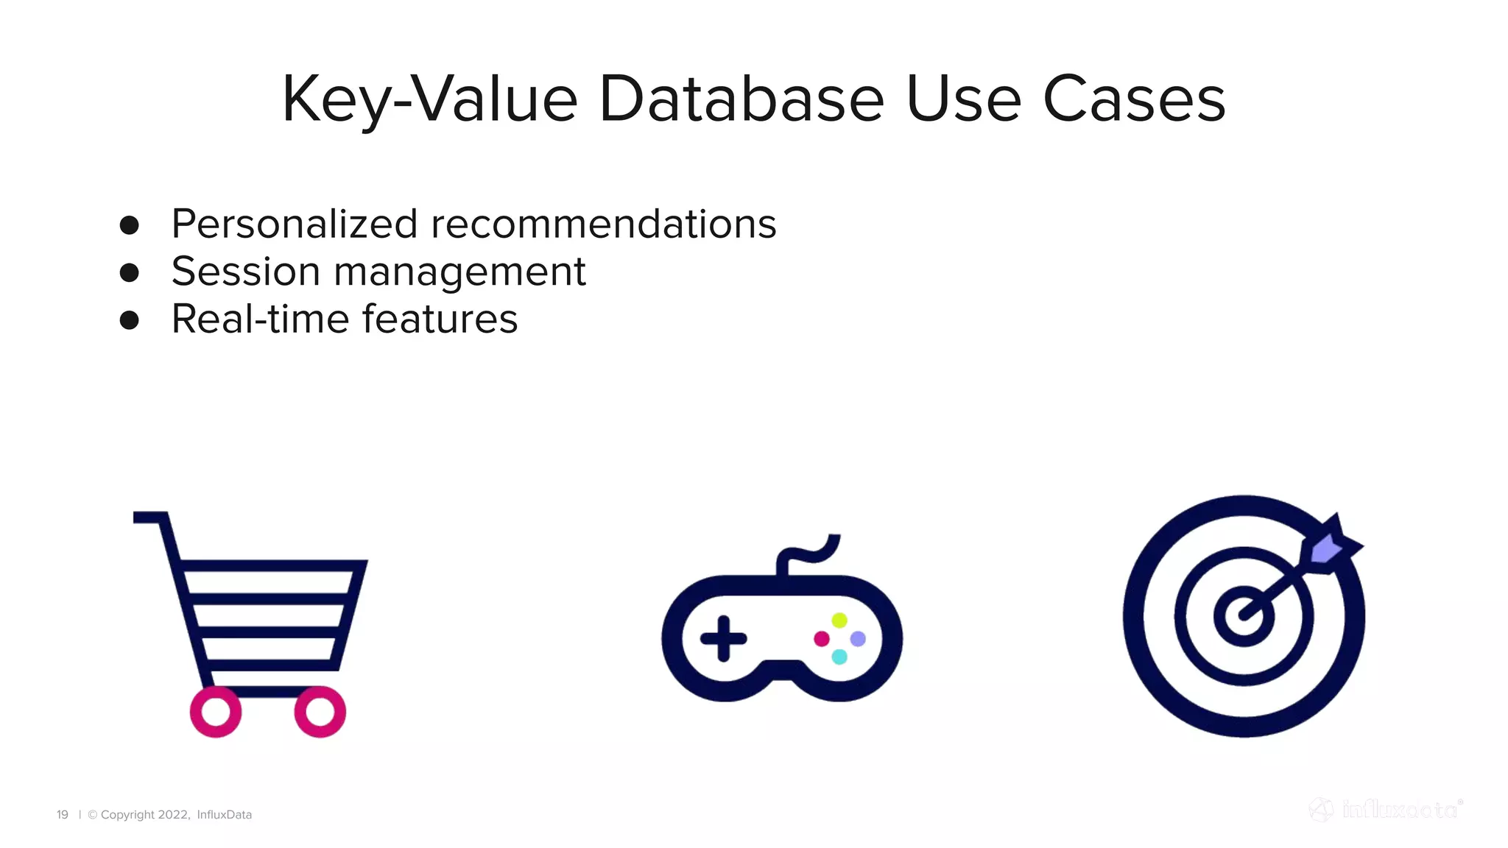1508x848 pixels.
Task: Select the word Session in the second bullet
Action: click(x=246, y=272)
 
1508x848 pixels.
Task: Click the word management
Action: click(x=459, y=273)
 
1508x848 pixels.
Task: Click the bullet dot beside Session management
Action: click(x=130, y=273)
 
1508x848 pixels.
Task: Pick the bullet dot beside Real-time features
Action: click(x=130, y=320)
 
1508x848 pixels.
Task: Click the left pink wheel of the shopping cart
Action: click(x=216, y=712)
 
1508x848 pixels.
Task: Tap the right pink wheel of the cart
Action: click(x=320, y=712)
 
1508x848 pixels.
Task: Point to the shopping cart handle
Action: click(x=151, y=517)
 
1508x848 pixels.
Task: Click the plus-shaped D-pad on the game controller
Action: click(x=723, y=638)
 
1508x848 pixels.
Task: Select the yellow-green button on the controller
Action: click(x=839, y=620)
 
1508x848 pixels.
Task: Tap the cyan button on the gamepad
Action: click(x=839, y=657)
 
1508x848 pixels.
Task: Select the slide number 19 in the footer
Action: click(x=63, y=815)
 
